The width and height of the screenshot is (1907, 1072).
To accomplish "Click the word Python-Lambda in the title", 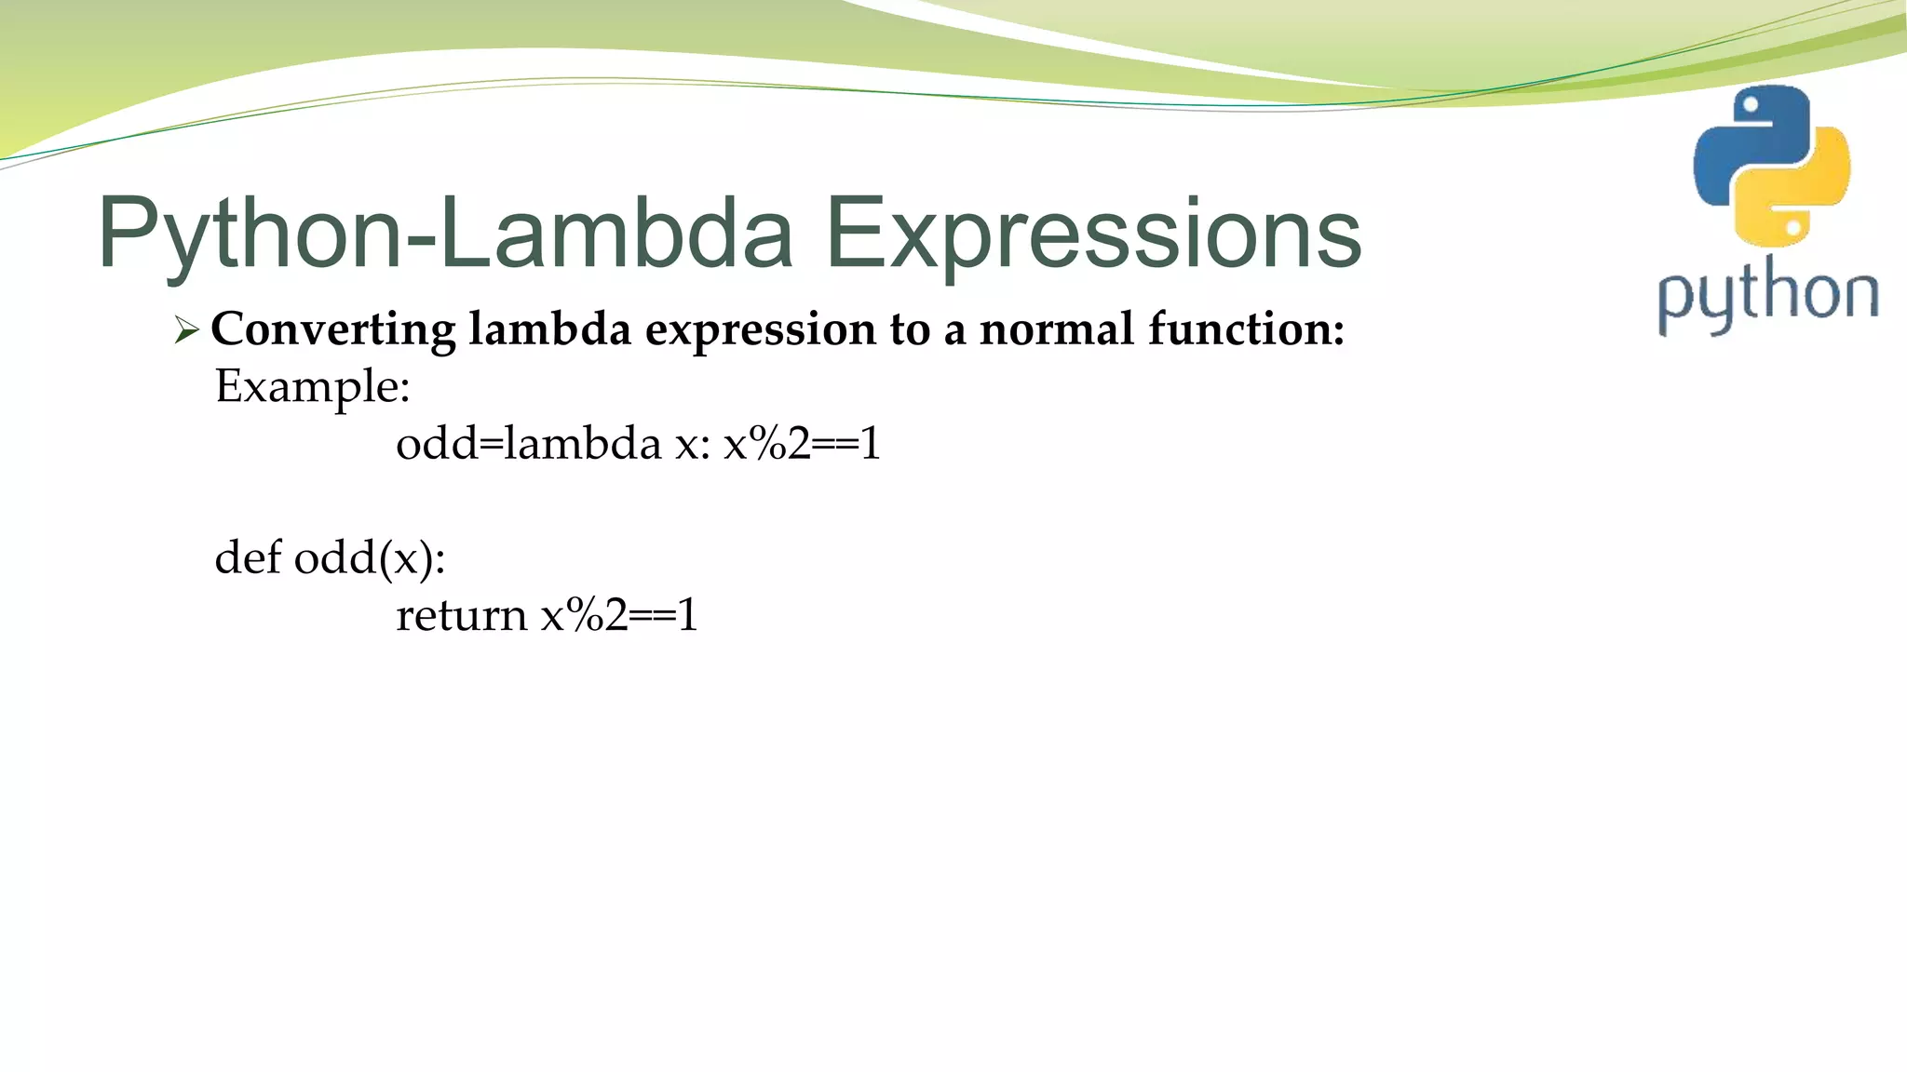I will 445,233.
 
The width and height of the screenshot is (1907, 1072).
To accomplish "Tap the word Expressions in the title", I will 1094,233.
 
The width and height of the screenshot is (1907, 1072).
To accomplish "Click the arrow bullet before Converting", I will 187,329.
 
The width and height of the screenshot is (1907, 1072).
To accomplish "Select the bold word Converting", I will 333,330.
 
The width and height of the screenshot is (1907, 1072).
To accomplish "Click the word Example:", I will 312,387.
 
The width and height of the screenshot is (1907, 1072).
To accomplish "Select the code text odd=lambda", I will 528,443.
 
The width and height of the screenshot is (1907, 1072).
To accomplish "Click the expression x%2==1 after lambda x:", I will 802,443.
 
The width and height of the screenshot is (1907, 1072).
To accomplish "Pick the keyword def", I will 248,557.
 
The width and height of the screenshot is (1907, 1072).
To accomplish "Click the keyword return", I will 461,615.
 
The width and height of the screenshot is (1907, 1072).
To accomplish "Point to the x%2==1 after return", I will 619,615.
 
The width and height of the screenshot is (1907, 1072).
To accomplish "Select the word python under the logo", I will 1767,296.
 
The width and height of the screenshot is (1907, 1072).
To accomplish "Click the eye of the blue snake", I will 1751,105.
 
